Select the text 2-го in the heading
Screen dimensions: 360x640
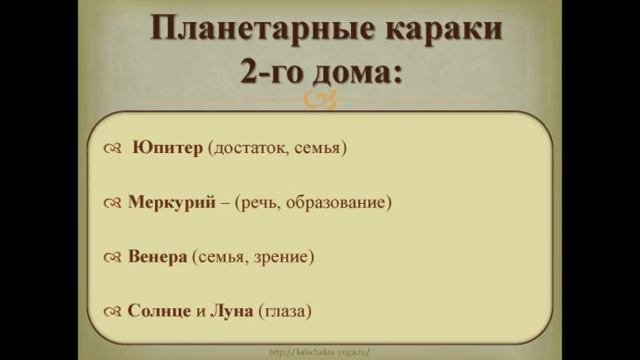tap(276, 72)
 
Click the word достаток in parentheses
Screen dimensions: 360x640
tap(254, 148)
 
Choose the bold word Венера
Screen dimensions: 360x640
tap(158, 257)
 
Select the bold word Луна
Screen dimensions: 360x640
tap(233, 311)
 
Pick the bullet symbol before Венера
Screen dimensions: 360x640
tap(111, 258)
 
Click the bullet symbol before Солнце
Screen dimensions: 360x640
tap(111, 312)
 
